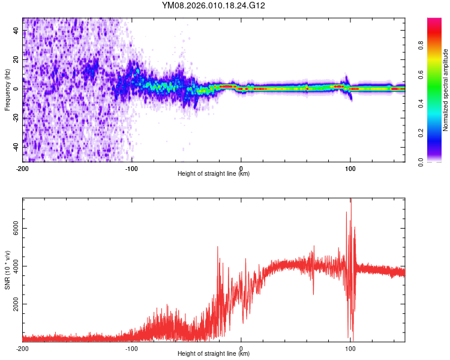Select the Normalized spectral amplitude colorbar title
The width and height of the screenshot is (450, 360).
coord(446,90)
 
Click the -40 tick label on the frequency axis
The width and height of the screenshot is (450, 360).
coord(16,146)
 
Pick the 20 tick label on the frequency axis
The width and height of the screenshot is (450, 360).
coord(16,59)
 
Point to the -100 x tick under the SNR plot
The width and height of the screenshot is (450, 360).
coord(131,349)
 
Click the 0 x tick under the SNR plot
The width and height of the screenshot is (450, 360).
coord(241,349)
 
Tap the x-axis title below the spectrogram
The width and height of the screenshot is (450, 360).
coord(214,174)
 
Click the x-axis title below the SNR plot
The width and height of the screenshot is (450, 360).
coord(214,354)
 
